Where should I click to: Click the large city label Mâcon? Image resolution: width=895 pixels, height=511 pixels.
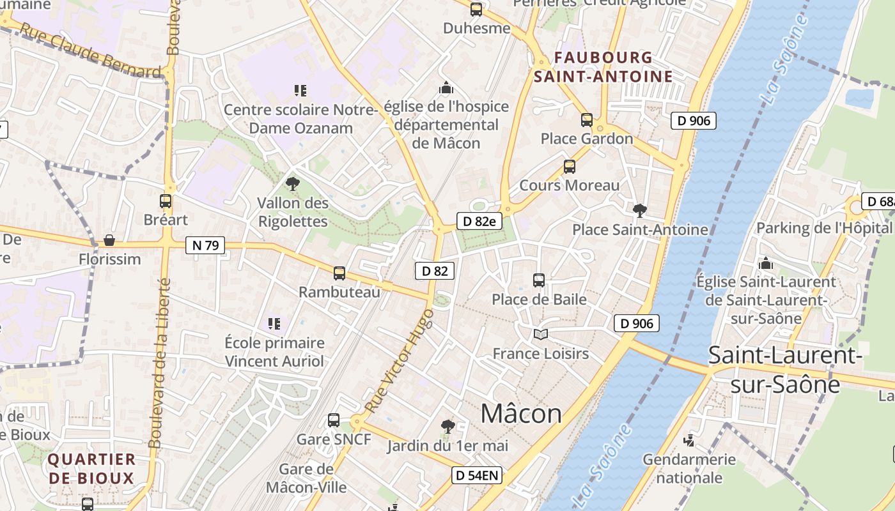coord(521,414)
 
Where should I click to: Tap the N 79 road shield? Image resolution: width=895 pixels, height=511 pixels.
coord(205,245)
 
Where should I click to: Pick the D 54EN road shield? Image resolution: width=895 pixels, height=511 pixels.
coord(477,475)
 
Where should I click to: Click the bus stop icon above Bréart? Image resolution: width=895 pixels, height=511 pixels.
coord(166,201)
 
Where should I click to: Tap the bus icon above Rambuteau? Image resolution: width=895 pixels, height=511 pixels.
coord(339,273)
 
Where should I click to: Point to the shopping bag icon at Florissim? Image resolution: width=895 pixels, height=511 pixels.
coord(109,241)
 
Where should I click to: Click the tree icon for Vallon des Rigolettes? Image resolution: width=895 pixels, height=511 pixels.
coord(293,184)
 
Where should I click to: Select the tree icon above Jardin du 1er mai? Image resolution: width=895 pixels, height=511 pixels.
coord(447,426)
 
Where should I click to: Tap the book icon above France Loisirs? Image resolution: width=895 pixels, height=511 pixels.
coord(541,334)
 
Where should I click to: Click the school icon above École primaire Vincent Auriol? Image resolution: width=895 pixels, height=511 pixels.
coord(274,324)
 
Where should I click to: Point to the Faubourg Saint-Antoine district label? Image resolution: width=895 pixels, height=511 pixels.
coord(603,67)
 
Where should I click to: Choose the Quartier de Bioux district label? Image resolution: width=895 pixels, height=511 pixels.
coord(91,468)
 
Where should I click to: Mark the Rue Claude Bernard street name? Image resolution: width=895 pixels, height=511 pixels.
coord(89,51)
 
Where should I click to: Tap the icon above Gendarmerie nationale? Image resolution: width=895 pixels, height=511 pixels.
coord(689,440)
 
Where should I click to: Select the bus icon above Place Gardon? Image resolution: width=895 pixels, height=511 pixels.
coord(586,119)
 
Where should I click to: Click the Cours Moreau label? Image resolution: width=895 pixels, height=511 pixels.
coord(570,185)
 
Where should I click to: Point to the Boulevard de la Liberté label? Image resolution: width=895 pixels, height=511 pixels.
coord(159,363)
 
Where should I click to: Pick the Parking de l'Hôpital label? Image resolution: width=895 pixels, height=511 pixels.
coord(823,228)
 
